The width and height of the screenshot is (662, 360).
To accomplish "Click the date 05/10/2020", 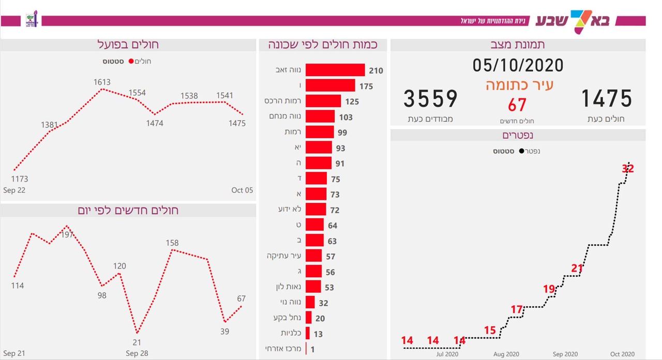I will (x=518, y=65).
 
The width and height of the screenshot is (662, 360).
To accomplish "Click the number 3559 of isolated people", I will (x=430, y=99).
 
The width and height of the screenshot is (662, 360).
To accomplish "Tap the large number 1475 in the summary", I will (x=607, y=98).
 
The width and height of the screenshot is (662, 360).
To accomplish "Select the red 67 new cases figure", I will (x=517, y=105).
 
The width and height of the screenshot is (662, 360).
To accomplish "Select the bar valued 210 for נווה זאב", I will (x=335, y=70).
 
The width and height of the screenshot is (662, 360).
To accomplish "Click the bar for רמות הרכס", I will (x=323, y=101).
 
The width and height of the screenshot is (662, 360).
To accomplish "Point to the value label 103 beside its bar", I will (x=346, y=117).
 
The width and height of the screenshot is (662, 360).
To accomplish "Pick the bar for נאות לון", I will (x=313, y=287).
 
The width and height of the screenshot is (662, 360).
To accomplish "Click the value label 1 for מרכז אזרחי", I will (x=312, y=350).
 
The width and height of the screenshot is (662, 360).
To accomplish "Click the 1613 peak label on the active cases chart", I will (x=102, y=82).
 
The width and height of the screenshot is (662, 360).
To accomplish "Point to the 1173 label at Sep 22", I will (x=19, y=179).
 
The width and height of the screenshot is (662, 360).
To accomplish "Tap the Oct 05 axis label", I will (x=242, y=190).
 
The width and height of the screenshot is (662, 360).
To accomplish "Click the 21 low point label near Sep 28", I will (x=137, y=342).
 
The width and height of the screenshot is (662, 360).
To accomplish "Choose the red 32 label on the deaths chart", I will (x=627, y=169).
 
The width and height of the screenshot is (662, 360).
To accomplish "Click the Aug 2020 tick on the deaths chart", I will (x=506, y=354).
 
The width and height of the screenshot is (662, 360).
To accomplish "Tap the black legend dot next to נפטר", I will (x=522, y=151).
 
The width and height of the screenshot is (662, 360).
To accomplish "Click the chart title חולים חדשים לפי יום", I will (x=128, y=211).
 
